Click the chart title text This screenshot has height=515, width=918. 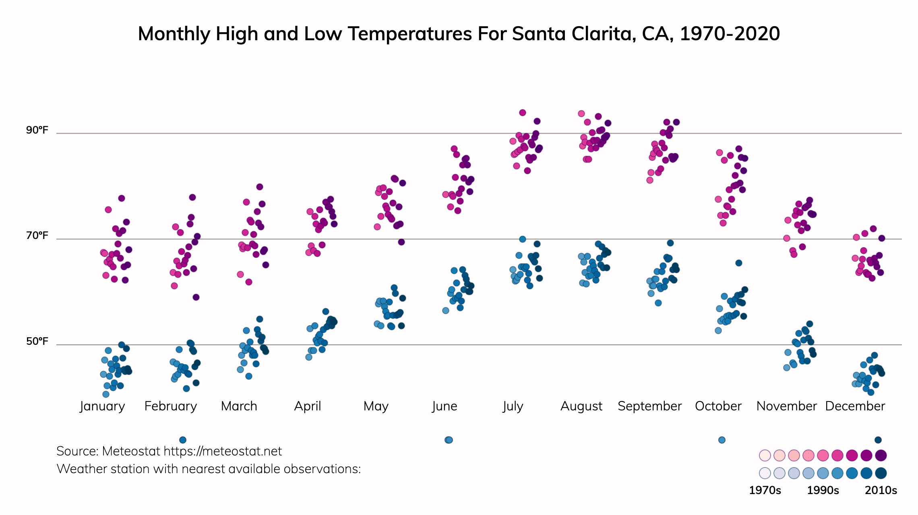click(459, 34)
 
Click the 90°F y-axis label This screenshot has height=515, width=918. click(37, 130)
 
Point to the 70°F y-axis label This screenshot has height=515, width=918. click(37, 236)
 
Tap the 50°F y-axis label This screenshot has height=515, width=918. click(37, 342)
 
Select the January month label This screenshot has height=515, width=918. click(102, 406)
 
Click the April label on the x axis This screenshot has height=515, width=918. click(308, 406)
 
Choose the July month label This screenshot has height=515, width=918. click(513, 406)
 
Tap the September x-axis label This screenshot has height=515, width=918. click(649, 406)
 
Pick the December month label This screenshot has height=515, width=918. click(855, 406)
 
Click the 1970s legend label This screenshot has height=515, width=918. click(765, 490)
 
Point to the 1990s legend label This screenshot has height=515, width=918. click(823, 490)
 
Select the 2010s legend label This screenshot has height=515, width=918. click(881, 490)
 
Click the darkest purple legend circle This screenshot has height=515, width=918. click(881, 455)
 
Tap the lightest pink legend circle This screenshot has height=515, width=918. click(765, 455)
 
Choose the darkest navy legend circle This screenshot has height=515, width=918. click(881, 473)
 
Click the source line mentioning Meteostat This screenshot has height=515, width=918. click(169, 451)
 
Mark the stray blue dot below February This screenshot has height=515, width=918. click(182, 440)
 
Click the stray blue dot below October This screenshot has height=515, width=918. click(722, 440)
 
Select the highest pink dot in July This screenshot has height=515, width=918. click(522, 113)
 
